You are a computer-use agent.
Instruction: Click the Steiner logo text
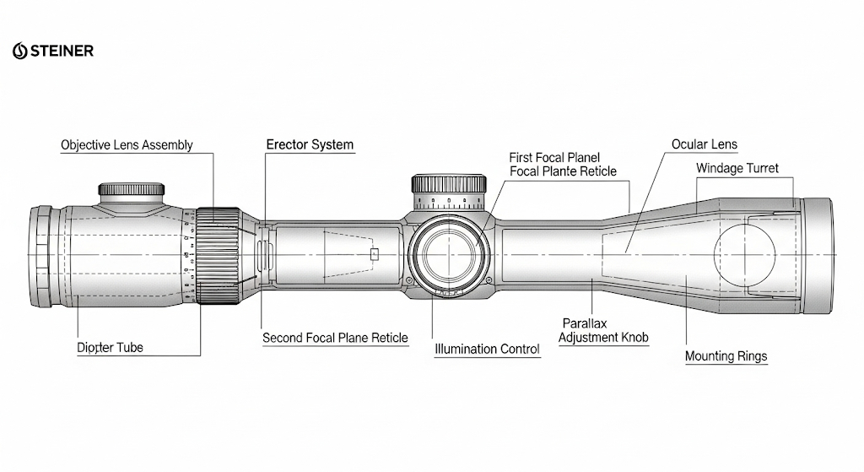click(62, 51)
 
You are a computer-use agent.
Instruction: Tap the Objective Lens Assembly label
click(127, 145)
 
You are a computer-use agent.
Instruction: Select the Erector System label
click(310, 144)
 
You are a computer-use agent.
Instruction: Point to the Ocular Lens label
click(705, 144)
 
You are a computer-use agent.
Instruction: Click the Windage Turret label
click(737, 168)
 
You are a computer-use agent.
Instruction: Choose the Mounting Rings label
click(726, 356)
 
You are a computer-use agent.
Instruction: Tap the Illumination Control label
click(487, 349)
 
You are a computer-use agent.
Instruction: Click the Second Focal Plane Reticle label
click(335, 338)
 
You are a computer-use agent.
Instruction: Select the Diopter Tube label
click(111, 347)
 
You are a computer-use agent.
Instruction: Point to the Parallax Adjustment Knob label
click(603, 330)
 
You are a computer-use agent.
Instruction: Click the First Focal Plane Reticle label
click(563, 165)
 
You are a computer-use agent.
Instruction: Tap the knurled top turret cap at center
click(449, 183)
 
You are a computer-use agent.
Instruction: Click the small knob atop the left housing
click(131, 190)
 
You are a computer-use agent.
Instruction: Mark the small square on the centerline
click(375, 254)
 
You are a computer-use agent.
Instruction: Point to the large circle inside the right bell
click(714, 255)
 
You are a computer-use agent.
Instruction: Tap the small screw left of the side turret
click(409, 280)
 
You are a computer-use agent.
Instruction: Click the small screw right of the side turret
click(489, 280)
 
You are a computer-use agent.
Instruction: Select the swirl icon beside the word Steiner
click(20, 51)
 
